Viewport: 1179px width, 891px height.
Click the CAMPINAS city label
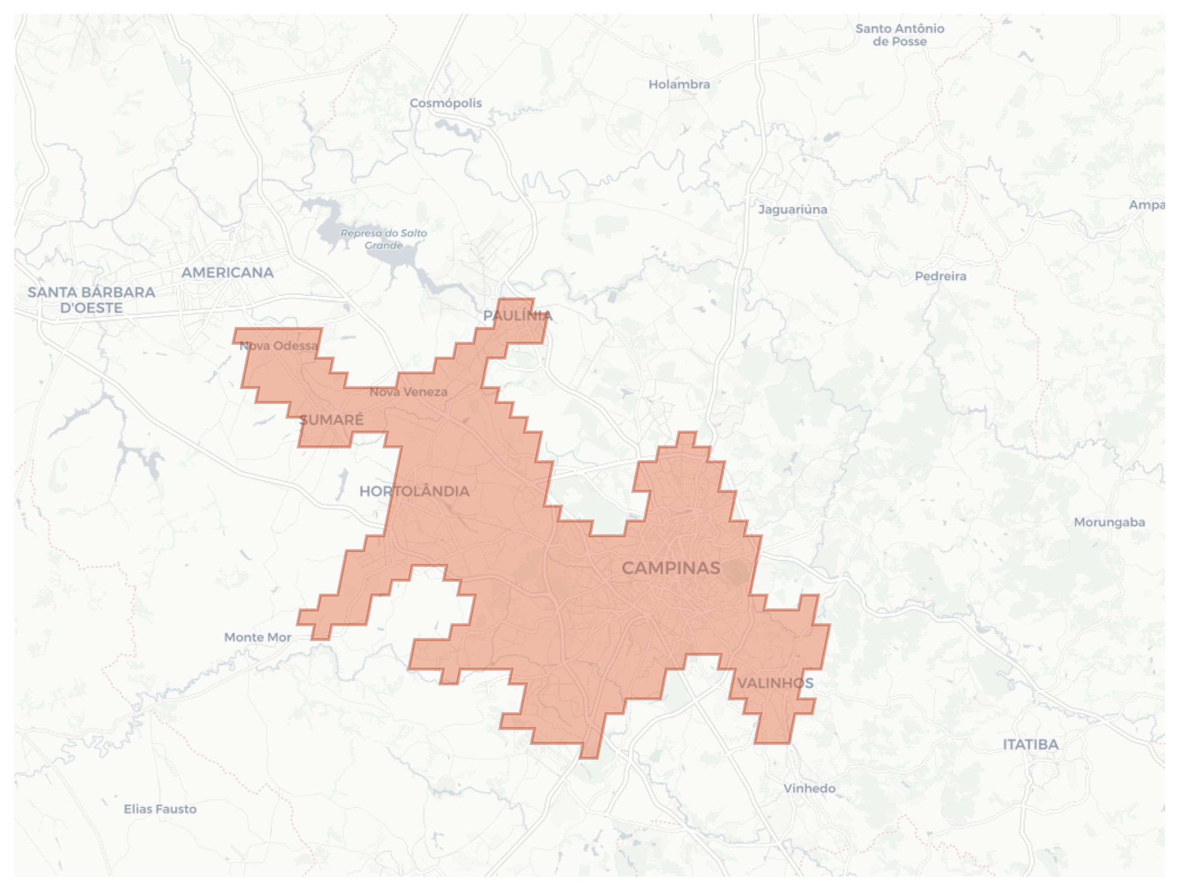[x=670, y=568]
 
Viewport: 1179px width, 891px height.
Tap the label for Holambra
[x=679, y=84]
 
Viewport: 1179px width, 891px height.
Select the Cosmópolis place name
[x=446, y=103]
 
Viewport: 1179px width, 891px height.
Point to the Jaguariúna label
[x=793, y=209]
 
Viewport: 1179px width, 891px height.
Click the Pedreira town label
[x=940, y=276]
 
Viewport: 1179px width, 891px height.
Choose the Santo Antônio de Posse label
[x=900, y=35]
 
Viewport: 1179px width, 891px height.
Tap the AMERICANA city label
[x=228, y=272]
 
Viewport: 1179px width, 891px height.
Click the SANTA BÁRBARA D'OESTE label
[x=91, y=300]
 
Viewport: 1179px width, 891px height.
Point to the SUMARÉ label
[x=332, y=420]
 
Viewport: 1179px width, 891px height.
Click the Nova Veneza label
[x=408, y=392]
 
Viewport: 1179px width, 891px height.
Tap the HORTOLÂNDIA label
[x=414, y=491]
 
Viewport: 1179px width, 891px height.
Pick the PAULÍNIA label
[x=518, y=315]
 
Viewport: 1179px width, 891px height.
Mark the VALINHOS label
[x=775, y=683]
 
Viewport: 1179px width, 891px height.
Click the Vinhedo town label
[x=809, y=788]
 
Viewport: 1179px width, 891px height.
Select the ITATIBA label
[x=1030, y=744]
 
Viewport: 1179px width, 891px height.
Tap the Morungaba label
[x=1109, y=522]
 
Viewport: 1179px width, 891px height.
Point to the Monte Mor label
[x=257, y=637]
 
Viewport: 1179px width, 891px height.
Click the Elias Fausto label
[x=160, y=809]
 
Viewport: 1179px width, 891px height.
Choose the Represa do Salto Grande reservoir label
[x=384, y=239]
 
